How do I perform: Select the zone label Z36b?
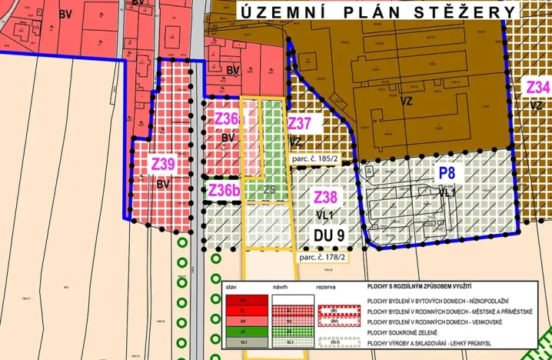click(x=224, y=190)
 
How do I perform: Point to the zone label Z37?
click(x=299, y=123)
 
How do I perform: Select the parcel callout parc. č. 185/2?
click(x=318, y=159)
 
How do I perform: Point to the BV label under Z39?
click(x=162, y=185)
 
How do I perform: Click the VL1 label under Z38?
click(x=324, y=215)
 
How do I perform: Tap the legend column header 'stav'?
click(x=231, y=285)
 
